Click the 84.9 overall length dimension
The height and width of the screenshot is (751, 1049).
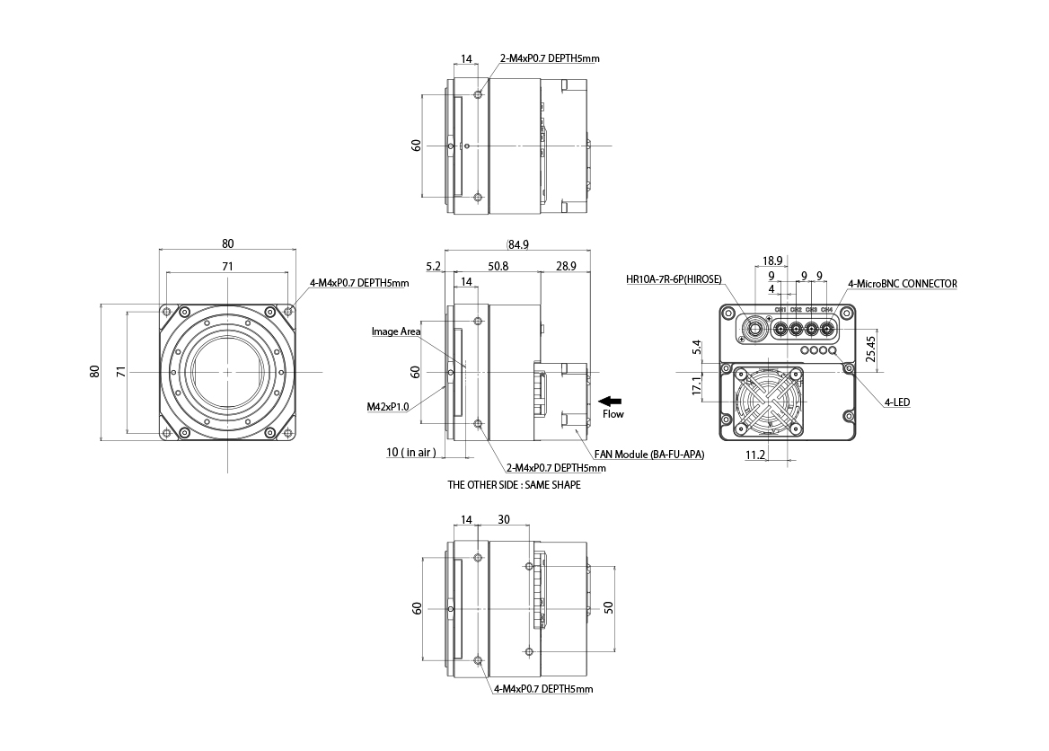pyautogui.click(x=520, y=243)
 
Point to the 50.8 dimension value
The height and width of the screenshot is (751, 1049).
pyautogui.click(x=497, y=267)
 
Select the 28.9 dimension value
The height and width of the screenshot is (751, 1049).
pyautogui.click(x=566, y=267)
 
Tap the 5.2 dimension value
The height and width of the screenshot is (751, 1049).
pyautogui.click(x=432, y=267)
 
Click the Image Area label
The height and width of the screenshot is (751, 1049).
pyautogui.click(x=396, y=331)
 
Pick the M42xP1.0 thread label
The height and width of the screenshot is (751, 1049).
pyautogui.click(x=388, y=406)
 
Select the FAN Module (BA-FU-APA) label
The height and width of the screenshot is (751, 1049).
pyautogui.click(x=648, y=455)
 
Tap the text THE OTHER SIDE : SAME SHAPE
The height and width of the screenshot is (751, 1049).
pyautogui.click(x=514, y=485)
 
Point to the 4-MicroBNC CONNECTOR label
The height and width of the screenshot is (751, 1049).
pyautogui.click(x=902, y=284)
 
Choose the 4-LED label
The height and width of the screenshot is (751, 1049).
pyautogui.click(x=897, y=403)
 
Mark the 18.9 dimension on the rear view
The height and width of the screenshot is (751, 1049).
pyautogui.click(x=773, y=261)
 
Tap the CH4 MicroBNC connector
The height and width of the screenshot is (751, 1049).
pyautogui.click(x=827, y=328)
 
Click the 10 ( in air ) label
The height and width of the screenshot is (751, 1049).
pyautogui.click(x=410, y=453)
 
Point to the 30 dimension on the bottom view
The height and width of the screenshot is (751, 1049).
pyautogui.click(x=504, y=519)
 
